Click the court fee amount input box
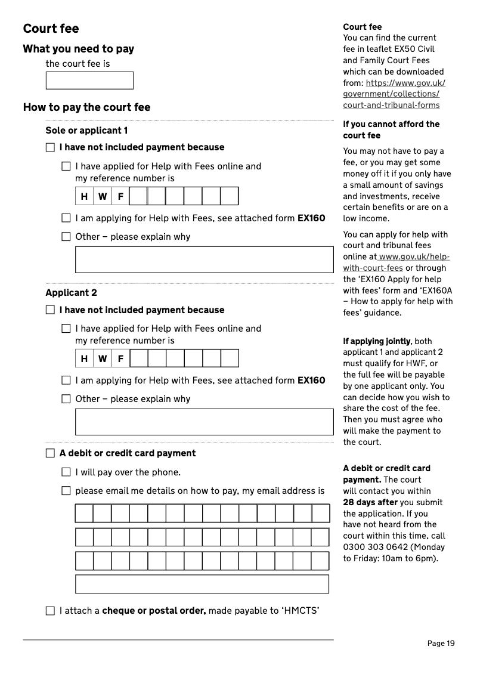pos(89,81)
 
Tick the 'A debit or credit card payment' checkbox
pos(50,453)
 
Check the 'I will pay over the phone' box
pos(66,472)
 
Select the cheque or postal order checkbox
pos(50,611)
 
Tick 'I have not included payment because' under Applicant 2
pos(50,310)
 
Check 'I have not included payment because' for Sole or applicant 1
pos(50,147)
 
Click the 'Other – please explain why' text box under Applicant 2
pos(204,422)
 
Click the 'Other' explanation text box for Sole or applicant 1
pos(204,259)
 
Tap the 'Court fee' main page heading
pos(51,29)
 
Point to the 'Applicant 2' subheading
pos(71,293)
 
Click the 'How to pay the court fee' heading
pos(86,107)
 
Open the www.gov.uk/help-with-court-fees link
pos(397,262)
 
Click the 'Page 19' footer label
pos(441,643)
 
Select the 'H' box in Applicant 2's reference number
pos(84,358)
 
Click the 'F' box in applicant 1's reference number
pos(120,196)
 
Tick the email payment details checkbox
pos(66,491)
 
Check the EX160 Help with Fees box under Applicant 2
pos(66,381)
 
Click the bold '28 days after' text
pos(370,502)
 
